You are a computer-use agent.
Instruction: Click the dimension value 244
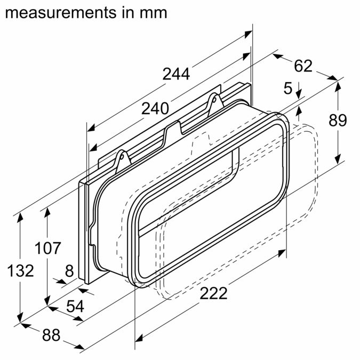(x=176, y=74)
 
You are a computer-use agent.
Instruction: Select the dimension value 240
(x=155, y=109)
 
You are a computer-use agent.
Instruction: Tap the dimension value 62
(x=303, y=66)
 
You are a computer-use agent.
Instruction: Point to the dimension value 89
(x=338, y=121)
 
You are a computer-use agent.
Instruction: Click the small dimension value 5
(x=287, y=89)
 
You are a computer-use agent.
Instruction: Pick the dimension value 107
(x=48, y=248)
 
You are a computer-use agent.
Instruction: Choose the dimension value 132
(x=21, y=270)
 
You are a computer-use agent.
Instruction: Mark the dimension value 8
(x=69, y=271)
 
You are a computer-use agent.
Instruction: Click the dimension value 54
(x=75, y=306)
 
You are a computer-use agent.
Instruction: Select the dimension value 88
(x=51, y=335)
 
